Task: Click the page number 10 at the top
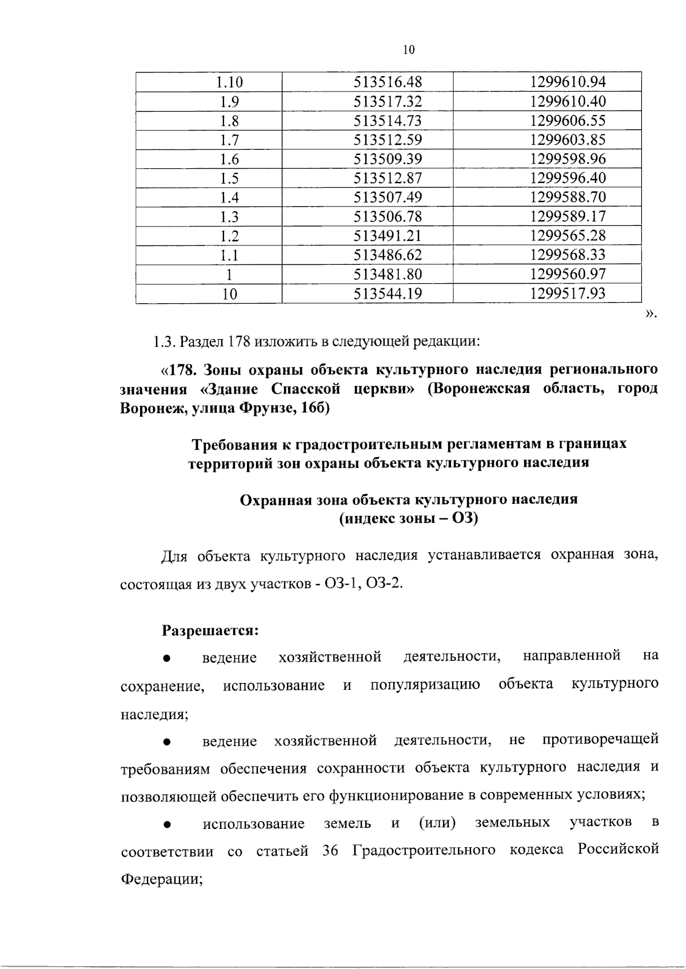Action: click(408, 50)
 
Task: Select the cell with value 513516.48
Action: click(388, 82)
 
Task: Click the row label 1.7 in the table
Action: click(229, 140)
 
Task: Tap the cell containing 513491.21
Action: click(388, 236)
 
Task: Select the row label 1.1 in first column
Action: click(229, 255)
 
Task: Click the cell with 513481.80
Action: click(388, 274)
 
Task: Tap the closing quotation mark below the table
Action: click(651, 313)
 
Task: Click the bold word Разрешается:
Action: click(211, 630)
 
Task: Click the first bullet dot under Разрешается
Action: click(167, 658)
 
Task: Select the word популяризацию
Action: click(425, 685)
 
